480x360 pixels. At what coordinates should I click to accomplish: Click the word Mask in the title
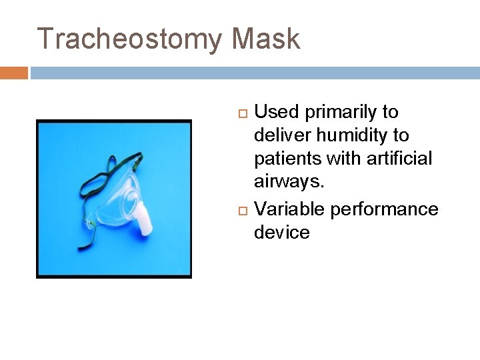pyautogui.click(x=265, y=39)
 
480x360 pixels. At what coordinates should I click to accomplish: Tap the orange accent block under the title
pyautogui.click(x=13, y=73)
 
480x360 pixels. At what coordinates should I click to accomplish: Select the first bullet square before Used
pyautogui.click(x=243, y=113)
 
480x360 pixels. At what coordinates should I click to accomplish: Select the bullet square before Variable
pyautogui.click(x=243, y=210)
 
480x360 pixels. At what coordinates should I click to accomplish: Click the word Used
pyautogui.click(x=277, y=112)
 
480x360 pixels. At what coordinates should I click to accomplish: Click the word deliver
pyautogui.click(x=283, y=135)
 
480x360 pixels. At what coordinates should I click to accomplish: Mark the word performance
pyautogui.click(x=384, y=209)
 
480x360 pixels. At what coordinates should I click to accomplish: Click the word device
pyautogui.click(x=281, y=233)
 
